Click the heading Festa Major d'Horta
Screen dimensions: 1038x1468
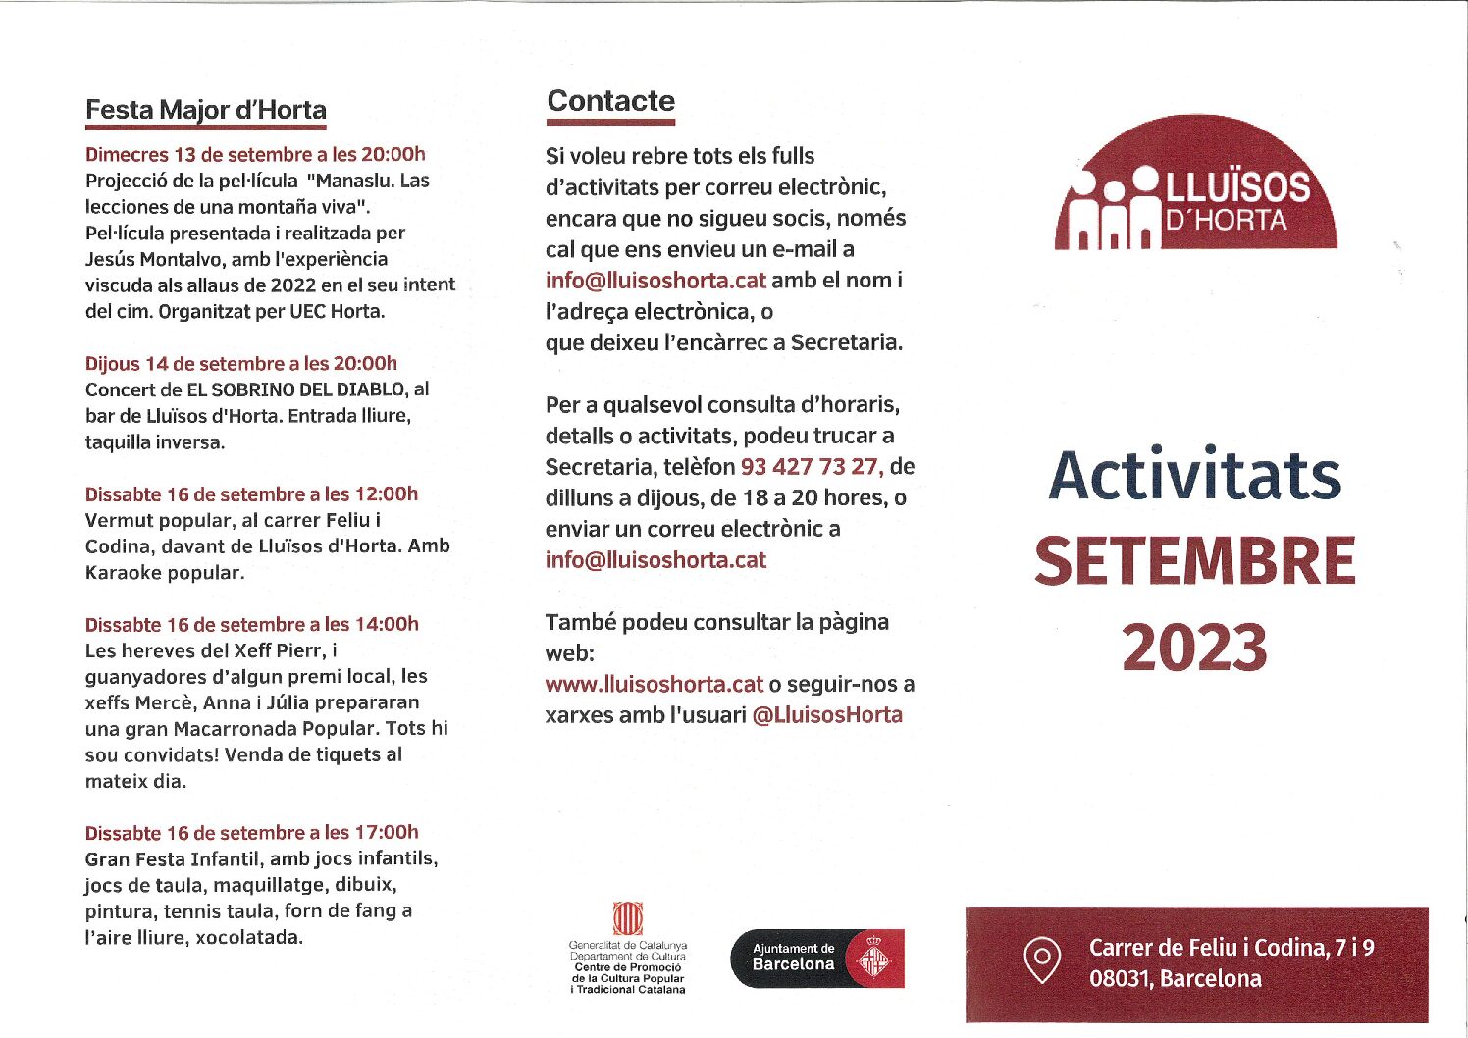pyautogui.click(x=206, y=110)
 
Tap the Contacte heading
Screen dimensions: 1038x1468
pyautogui.click(x=610, y=101)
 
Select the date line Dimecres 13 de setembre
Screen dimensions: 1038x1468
pyautogui.click(x=255, y=154)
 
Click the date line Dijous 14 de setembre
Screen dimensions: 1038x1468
pyautogui.click(x=241, y=363)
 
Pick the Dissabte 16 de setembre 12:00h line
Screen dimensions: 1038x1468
pyautogui.click(x=251, y=493)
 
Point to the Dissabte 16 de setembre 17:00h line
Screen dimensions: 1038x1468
pyautogui.click(x=251, y=833)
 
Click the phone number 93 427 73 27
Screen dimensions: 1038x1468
pyautogui.click(x=811, y=466)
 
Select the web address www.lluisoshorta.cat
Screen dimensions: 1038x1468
pyautogui.click(x=654, y=684)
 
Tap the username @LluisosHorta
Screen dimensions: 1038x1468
pyautogui.click(x=827, y=715)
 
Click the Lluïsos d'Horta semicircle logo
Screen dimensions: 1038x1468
pyautogui.click(x=1196, y=186)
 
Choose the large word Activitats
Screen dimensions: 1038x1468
pyautogui.click(x=1194, y=476)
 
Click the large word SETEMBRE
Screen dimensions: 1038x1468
pyautogui.click(x=1194, y=561)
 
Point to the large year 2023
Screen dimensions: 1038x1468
pyautogui.click(x=1194, y=649)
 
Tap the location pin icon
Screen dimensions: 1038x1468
pyautogui.click(x=1041, y=960)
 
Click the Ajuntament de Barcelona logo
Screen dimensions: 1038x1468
pyautogui.click(x=816, y=958)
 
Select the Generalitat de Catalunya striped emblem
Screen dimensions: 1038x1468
pyautogui.click(x=627, y=918)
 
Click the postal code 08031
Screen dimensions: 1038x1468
pyautogui.click(x=1119, y=979)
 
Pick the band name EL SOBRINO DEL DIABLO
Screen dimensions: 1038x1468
pyautogui.click(x=295, y=389)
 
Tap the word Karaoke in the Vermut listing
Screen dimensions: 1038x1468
pyautogui.click(x=123, y=573)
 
